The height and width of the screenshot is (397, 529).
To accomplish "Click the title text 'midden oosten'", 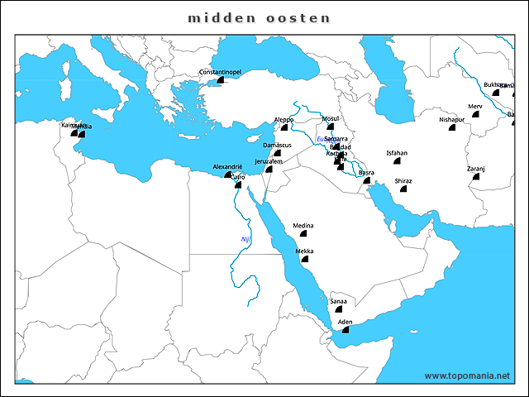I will coord(259,17).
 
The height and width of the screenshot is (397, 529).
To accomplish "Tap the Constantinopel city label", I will coord(220,73).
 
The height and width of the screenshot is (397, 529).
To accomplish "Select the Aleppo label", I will coord(284,119).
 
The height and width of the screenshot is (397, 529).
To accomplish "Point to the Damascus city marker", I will coord(278,154).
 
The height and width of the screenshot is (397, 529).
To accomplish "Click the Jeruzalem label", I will coord(269,161).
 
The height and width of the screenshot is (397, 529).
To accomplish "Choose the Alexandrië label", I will coord(227,166).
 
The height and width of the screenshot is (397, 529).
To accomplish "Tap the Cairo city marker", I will coord(237,184).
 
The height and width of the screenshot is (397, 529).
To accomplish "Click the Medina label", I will coord(303,226).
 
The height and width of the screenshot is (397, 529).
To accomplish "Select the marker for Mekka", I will coord(305,259).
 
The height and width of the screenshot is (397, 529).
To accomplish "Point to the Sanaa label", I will coord(338,301).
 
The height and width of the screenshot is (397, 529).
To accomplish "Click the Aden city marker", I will coord(346,329).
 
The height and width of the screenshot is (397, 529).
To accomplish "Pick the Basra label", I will coord(366,172).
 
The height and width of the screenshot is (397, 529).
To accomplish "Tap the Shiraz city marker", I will coord(403,189).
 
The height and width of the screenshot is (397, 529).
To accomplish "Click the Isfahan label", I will coord(397,153).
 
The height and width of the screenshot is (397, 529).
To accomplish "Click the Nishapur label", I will coord(452,119).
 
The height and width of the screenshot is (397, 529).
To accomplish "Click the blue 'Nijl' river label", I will coord(245,239).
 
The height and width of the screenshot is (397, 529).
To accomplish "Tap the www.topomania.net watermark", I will coord(468,376).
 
